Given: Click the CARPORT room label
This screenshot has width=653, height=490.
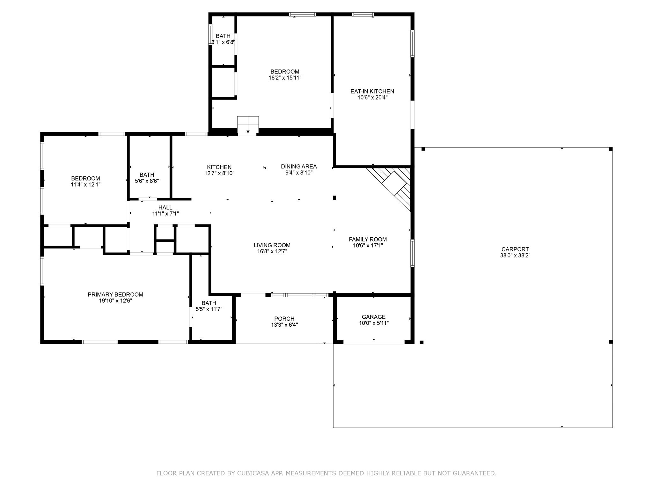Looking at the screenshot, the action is pyautogui.click(x=515, y=249).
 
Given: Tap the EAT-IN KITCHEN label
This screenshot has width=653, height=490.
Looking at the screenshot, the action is pyautogui.click(x=372, y=91).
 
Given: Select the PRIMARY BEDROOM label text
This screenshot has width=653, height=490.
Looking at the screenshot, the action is pyautogui.click(x=115, y=294).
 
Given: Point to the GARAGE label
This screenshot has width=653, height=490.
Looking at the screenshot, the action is pyautogui.click(x=374, y=317).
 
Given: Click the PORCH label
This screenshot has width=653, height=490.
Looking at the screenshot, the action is pyautogui.click(x=284, y=319).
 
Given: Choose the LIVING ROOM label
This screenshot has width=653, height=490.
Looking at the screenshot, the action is pyautogui.click(x=272, y=245).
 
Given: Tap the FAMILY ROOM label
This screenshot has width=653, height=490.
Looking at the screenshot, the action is pyautogui.click(x=368, y=239).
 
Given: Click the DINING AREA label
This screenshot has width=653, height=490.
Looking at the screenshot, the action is pyautogui.click(x=299, y=167).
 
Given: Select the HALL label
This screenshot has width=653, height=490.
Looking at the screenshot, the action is pyautogui.click(x=165, y=208).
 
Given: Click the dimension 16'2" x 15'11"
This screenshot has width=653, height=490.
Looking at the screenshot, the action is pyautogui.click(x=285, y=78).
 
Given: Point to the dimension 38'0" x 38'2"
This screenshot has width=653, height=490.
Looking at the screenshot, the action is pyautogui.click(x=515, y=255).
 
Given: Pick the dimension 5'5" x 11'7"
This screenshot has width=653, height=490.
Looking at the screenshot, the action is pyautogui.click(x=209, y=309).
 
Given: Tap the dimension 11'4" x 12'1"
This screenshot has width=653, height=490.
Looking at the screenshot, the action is pyautogui.click(x=85, y=184).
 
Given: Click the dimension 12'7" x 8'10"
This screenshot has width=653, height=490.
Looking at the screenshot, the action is pyautogui.click(x=219, y=173).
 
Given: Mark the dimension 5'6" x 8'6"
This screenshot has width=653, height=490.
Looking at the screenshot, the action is pyautogui.click(x=147, y=181).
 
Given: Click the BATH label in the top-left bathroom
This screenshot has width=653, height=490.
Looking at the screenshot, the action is pyautogui.click(x=223, y=36).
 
